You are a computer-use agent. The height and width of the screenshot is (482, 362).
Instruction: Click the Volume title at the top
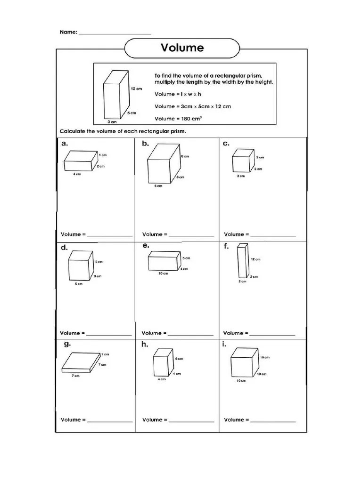click(x=182, y=48)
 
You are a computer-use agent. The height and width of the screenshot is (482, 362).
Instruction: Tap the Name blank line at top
click(x=115, y=33)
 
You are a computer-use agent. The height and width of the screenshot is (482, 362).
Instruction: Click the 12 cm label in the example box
click(x=136, y=88)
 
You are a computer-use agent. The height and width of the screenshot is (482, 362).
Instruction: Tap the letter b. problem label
click(x=145, y=144)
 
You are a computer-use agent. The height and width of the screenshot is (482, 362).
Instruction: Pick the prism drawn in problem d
click(x=80, y=265)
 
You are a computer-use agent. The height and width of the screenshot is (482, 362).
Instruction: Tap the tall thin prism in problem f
click(x=242, y=260)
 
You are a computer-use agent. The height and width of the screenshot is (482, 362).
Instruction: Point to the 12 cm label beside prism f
click(x=255, y=259)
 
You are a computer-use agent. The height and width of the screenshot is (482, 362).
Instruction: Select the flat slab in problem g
click(x=81, y=362)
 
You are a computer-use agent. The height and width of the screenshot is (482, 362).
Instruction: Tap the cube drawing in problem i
click(x=244, y=364)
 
